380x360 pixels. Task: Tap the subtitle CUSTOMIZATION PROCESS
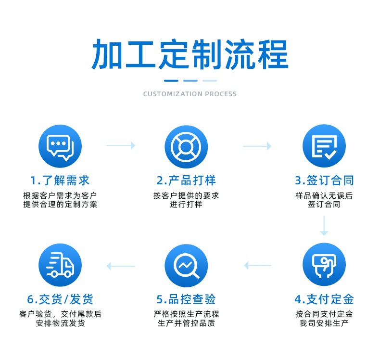coord(190,94)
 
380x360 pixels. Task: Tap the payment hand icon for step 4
coord(324,265)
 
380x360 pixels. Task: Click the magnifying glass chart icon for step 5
coord(186,265)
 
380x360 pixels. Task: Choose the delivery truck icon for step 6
coord(60,265)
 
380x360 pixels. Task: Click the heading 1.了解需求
coord(60,181)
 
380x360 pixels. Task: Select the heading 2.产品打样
coord(186,181)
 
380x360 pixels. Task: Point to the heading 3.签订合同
coord(324,181)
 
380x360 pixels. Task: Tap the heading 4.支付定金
coord(324,299)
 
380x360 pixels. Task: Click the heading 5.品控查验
coord(186,299)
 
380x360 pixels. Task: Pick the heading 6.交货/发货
coord(60,299)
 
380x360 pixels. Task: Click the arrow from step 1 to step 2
coord(121,145)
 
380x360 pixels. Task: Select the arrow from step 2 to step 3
coord(257,145)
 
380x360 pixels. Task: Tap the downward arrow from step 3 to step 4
coord(324,225)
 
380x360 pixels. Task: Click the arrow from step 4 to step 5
coord(257,265)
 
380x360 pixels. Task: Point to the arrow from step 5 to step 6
coord(121,265)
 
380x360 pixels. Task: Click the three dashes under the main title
coord(190,80)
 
